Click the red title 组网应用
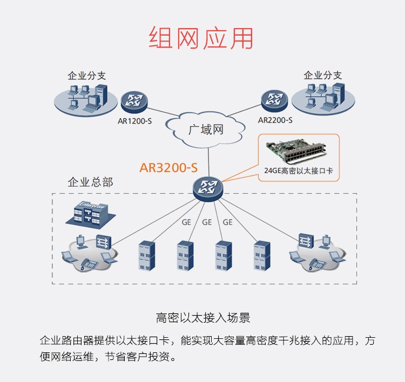click(201, 38)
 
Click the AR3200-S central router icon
click(208, 187)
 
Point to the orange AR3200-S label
click(168, 167)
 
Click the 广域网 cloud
click(205, 129)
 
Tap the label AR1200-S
click(134, 120)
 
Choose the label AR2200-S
click(275, 120)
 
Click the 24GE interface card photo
click(298, 152)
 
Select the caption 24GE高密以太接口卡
click(298, 171)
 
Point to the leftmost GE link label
click(186, 222)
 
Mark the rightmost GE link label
click(227, 222)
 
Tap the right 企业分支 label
click(322, 75)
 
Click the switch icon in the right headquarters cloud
click(306, 241)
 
